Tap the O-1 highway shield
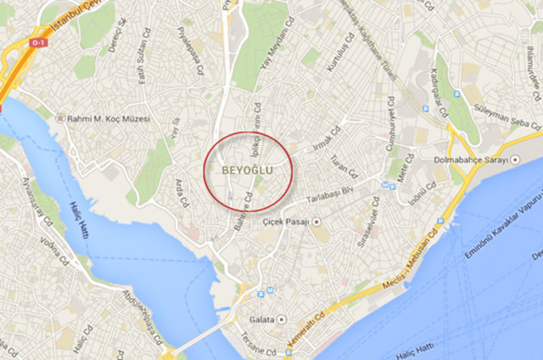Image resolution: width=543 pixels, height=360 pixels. click(38, 42)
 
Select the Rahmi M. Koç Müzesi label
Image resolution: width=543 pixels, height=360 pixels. click(102, 119)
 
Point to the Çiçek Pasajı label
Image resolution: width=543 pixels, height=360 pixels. click(284, 222)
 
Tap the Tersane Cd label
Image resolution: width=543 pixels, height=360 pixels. click(258, 350)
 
